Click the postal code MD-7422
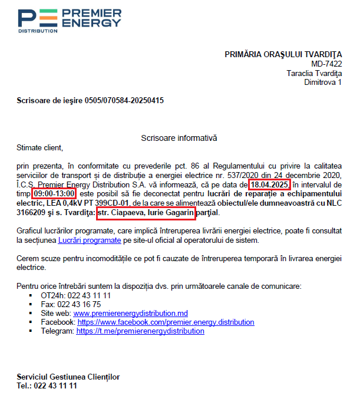(326, 64)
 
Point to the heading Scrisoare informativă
(179, 138)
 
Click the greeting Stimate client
(39, 147)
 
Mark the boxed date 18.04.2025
(269, 184)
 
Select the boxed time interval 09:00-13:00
(54, 194)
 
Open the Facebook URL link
(166, 322)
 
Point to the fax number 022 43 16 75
(79, 304)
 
